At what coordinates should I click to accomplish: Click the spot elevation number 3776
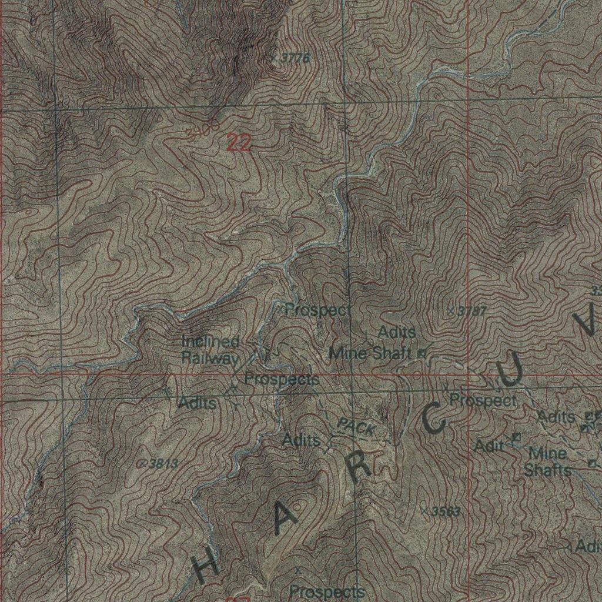click(296, 58)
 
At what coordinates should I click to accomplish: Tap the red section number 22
click(238, 143)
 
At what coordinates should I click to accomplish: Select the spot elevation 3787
click(471, 311)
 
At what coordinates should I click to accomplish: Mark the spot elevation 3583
click(444, 511)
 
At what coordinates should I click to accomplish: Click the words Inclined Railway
click(210, 349)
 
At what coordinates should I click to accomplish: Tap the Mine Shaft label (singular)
click(370, 354)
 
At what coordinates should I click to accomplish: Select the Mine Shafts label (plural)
click(547, 462)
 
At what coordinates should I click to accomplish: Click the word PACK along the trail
click(357, 427)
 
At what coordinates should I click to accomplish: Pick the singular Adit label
click(489, 446)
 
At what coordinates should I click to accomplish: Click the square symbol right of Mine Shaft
click(421, 354)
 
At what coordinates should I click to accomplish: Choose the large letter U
click(510, 370)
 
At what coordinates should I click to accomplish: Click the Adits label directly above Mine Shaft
click(397, 332)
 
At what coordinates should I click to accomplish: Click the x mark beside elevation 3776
click(274, 58)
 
